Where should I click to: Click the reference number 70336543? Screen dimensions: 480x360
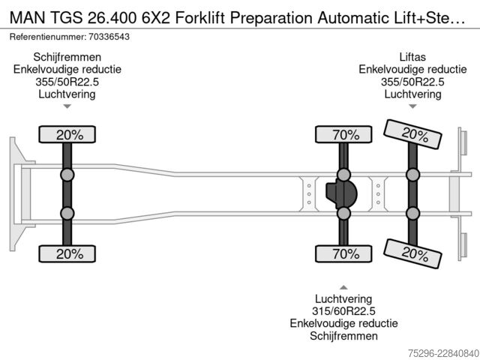click(x=109, y=37)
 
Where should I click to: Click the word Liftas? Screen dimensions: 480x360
click(x=412, y=57)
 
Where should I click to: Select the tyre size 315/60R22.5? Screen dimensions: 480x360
click(x=343, y=311)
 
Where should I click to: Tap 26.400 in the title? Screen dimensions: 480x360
click(x=112, y=18)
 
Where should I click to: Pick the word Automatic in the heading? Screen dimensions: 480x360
click(x=348, y=18)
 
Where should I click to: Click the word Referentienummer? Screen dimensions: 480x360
click(x=47, y=37)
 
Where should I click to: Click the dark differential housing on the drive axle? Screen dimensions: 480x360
click(x=341, y=194)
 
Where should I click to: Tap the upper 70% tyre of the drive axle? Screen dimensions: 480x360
click(x=343, y=134)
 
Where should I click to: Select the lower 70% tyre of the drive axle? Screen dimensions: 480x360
click(x=343, y=253)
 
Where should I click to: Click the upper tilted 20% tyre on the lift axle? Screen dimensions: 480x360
click(x=412, y=134)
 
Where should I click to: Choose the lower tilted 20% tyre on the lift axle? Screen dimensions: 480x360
click(x=412, y=253)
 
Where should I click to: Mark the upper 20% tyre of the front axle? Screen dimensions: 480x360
click(x=67, y=134)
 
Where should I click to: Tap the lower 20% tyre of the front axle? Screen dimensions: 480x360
click(x=67, y=253)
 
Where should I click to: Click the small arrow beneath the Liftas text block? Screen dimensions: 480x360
click(x=412, y=106)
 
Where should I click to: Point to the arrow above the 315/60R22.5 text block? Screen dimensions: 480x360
click(x=343, y=287)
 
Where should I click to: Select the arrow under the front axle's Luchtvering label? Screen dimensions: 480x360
click(x=67, y=106)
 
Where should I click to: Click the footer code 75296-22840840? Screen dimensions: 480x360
click(x=444, y=353)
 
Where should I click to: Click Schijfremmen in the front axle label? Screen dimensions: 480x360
click(x=67, y=57)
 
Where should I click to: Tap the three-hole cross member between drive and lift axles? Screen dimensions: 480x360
click(x=378, y=194)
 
